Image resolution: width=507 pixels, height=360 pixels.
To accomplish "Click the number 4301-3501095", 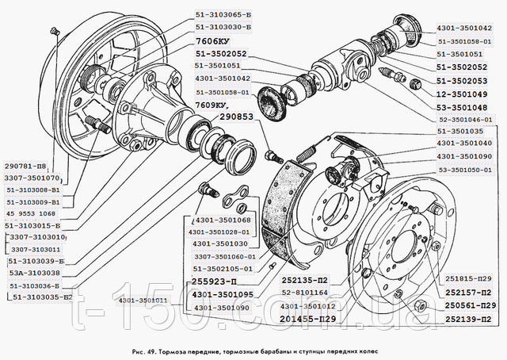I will [221, 294].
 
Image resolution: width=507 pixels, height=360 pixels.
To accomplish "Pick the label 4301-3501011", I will [143, 301].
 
